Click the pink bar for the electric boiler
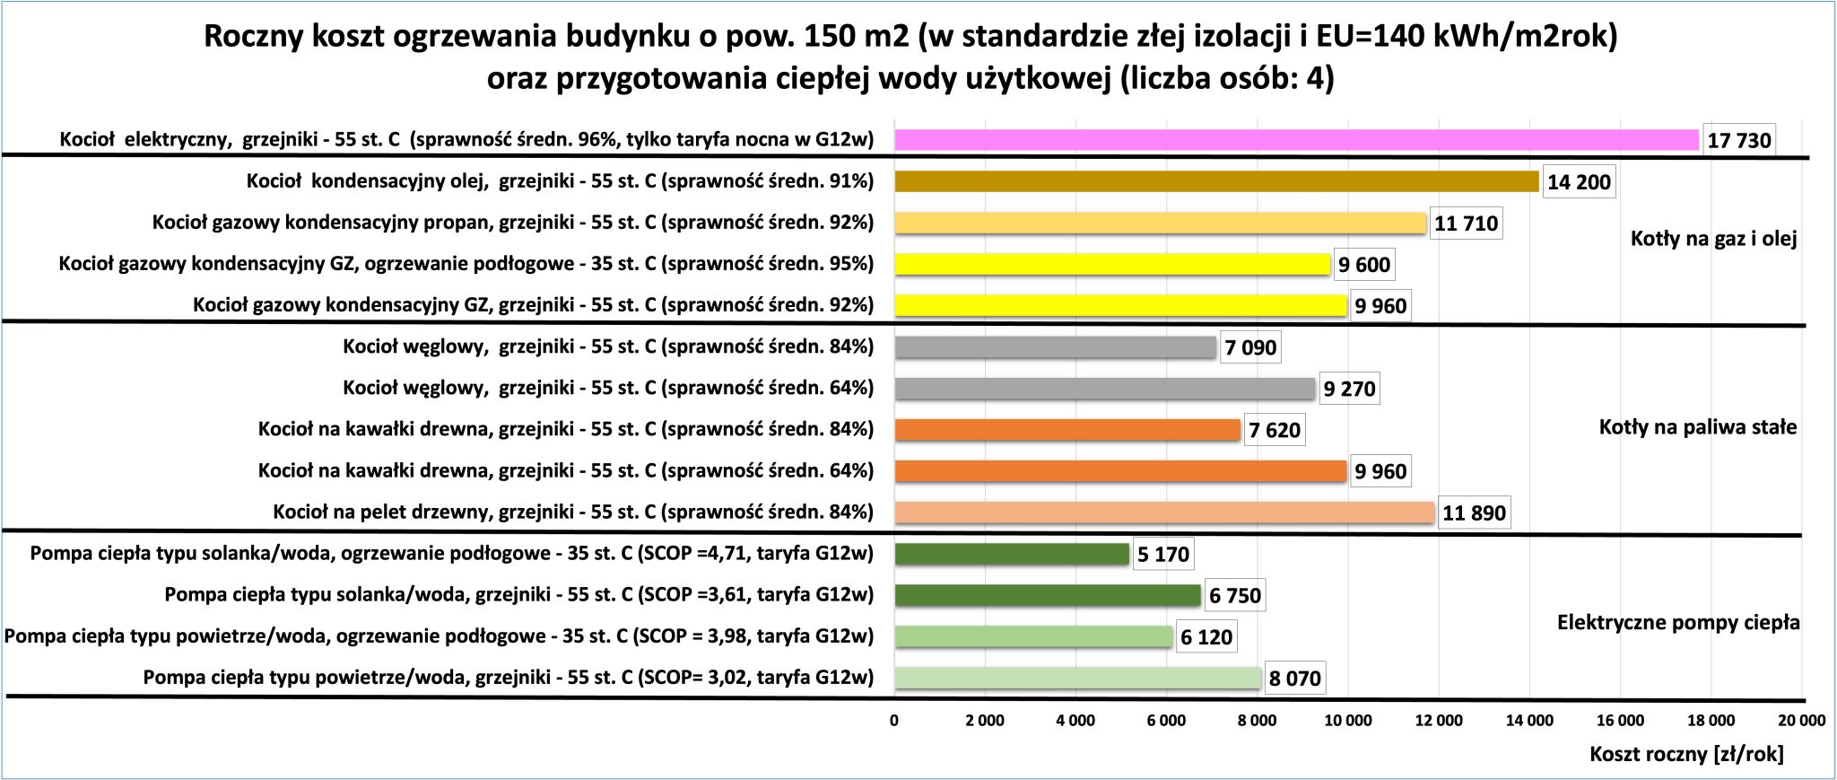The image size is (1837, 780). [x=1296, y=140]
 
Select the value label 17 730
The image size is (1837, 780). [x=1738, y=140]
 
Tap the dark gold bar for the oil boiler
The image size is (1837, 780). [x=1216, y=181]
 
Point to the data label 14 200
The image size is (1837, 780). [x=1579, y=182]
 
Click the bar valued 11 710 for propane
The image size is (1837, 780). [x=1160, y=223]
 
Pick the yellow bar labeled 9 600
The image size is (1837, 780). [x=1112, y=264]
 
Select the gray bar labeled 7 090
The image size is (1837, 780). [x=1055, y=346]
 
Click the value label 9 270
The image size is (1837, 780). [x=1349, y=389]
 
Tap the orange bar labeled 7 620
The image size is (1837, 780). [x=1067, y=430]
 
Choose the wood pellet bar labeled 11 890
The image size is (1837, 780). [x=1164, y=513]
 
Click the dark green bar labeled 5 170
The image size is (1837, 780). [x=1012, y=554]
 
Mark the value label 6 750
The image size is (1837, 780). [x=1234, y=595]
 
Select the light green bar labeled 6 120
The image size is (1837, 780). [x=1033, y=636]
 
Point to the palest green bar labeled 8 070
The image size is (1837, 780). [x=1077, y=678]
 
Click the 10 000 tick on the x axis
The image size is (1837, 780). [x=1348, y=720]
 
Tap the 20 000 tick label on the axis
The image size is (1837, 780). [x=1801, y=720]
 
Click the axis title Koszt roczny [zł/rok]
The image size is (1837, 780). [x=1686, y=754]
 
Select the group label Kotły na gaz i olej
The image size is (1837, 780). [x=1713, y=239]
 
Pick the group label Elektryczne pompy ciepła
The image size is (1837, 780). [x=1678, y=623]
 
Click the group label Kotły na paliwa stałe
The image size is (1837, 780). [x=1698, y=427]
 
